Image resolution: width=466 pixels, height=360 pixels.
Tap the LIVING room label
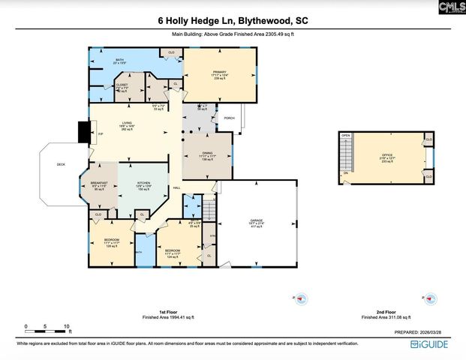[x=128, y=124]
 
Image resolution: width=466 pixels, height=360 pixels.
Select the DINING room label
[x=208, y=152]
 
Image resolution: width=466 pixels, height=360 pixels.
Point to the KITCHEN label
[x=143, y=182]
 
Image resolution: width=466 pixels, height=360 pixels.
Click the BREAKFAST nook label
[x=100, y=182]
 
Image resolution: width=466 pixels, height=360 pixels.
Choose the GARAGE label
[x=257, y=220]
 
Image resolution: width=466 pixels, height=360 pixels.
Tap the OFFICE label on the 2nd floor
[x=387, y=155]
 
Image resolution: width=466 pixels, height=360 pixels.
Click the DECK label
[x=61, y=165]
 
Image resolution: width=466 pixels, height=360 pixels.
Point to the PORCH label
[x=229, y=118]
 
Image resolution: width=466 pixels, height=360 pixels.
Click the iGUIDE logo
[x=431, y=343]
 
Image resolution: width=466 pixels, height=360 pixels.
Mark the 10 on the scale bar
[x=67, y=327]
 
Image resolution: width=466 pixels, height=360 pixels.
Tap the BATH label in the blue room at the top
[x=119, y=59]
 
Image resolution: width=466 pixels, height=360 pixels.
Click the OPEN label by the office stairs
[x=346, y=136]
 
